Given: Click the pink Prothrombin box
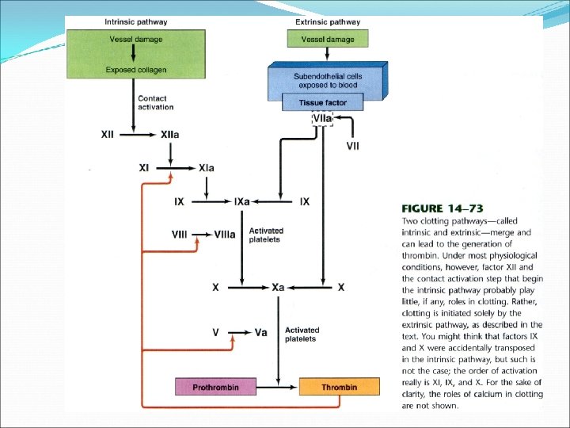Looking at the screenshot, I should coord(216,388).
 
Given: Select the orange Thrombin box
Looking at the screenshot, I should coord(339,388).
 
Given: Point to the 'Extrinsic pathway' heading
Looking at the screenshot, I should coord(327,22).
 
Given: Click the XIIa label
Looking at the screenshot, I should coord(170,135).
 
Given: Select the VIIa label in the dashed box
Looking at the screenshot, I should coord(323,119).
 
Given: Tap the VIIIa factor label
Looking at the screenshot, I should coord(224,235).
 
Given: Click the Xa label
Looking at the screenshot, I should coord(278,287).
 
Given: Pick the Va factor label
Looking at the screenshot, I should coord(261,332).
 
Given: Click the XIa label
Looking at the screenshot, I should coord(206,168).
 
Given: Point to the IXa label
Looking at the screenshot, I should coord(241,202).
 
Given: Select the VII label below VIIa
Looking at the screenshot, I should coord(352,146).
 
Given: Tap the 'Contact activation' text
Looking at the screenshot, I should coord(155,103).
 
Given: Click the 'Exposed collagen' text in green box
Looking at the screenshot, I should coord(136,70).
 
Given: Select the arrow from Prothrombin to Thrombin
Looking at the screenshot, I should coord(279,388).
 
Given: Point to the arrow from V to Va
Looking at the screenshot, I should coord(234,332).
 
